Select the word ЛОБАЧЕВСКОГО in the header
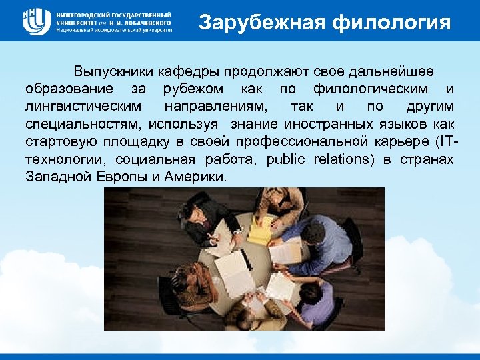[145, 22]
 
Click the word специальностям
[84, 125]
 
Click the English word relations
[340, 160]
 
